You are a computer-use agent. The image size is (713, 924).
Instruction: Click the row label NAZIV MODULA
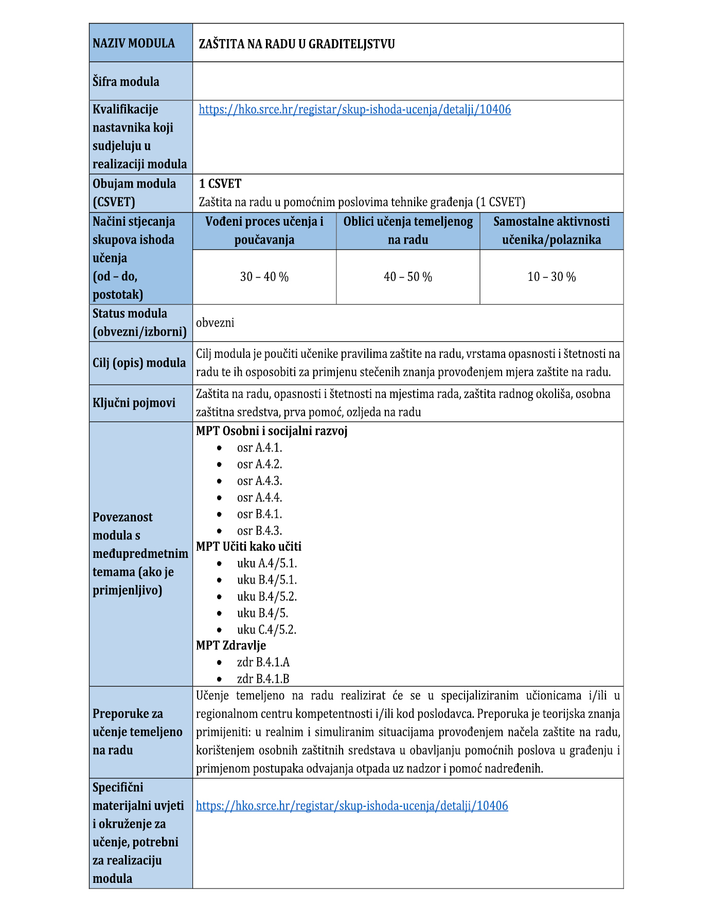134,43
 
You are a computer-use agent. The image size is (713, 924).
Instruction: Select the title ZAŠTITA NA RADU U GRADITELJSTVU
297,44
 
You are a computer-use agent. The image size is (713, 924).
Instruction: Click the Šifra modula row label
126,82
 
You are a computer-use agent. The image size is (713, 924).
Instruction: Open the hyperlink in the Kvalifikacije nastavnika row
354,110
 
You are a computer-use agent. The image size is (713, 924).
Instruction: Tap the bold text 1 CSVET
220,184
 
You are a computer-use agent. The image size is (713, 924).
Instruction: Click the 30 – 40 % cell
264,277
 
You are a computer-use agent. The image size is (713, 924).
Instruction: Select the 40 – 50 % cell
408,277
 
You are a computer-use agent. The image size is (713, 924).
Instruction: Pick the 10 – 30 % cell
551,277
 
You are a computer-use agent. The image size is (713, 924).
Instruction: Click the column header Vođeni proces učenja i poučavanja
264,231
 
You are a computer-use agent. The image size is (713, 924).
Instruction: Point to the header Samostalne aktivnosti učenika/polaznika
551,231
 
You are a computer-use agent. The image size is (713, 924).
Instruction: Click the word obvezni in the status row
215,323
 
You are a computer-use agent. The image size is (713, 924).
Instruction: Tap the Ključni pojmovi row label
134,403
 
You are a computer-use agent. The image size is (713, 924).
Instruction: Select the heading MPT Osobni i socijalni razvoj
272,431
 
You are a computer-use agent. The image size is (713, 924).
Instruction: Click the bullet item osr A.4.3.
259,481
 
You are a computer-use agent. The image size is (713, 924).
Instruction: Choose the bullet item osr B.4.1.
259,514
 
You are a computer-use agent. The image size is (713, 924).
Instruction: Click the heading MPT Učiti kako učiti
248,547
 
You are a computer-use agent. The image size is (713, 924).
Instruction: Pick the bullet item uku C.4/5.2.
266,630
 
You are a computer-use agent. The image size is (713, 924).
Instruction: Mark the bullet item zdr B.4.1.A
263,662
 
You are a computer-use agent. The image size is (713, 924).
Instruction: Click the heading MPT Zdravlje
231,645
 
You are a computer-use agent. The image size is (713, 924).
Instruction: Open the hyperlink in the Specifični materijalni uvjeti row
352,806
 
